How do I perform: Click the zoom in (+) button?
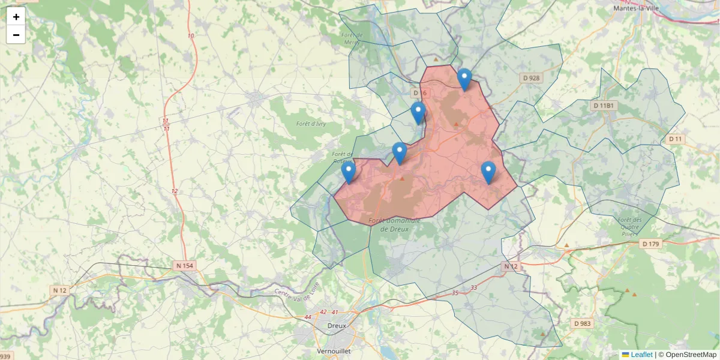coord(16,17)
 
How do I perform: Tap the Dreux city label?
coord(337,326)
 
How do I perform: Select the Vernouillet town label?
coord(334,350)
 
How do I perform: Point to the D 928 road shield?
coord(532,78)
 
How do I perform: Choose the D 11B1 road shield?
coord(604,106)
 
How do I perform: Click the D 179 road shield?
coord(650,244)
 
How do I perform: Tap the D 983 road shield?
coord(582,323)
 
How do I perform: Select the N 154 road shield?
coord(185,265)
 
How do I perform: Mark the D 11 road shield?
coord(676,139)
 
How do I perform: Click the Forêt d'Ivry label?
coord(311,124)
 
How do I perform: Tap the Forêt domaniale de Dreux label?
coord(394,224)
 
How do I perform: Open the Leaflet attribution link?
coord(641,355)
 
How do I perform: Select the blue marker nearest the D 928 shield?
coord(464,79)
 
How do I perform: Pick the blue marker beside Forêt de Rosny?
coord(348,172)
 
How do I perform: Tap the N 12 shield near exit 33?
coord(510,266)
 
